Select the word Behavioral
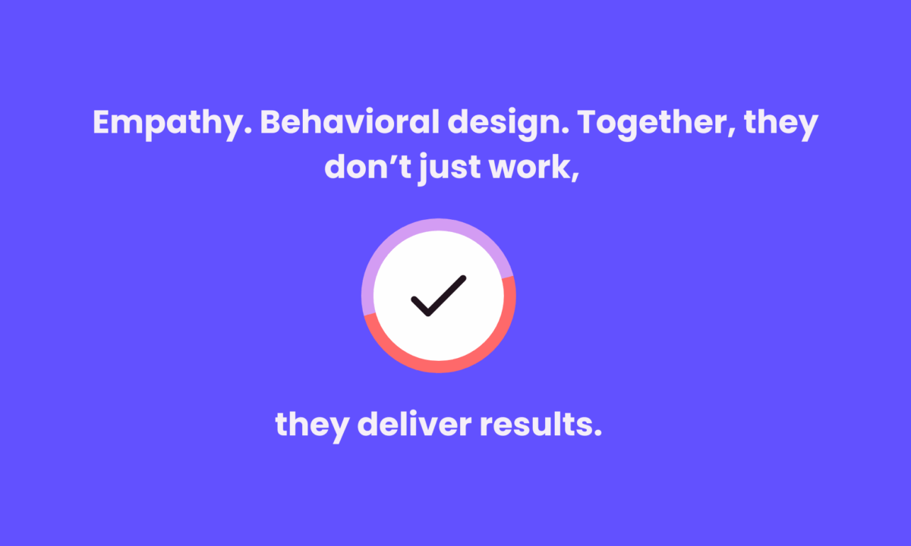(x=350, y=121)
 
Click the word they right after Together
(x=781, y=124)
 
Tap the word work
(x=534, y=168)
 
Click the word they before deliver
(x=312, y=426)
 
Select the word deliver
(x=415, y=424)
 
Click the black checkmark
(x=439, y=296)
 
